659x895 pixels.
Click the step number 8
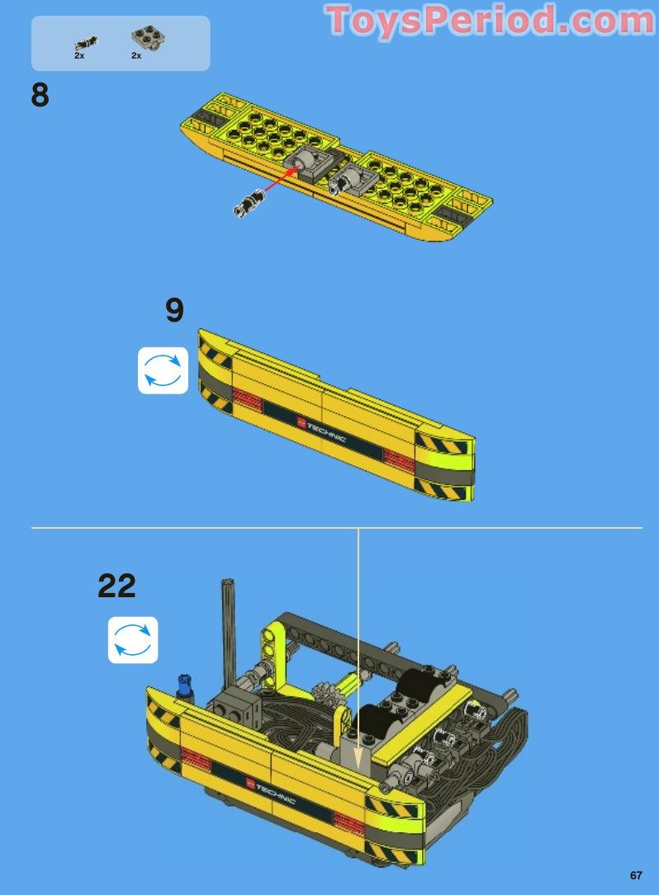coord(40,96)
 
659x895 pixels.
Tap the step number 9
coord(174,310)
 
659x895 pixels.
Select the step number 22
coord(116,586)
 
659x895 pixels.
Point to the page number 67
coord(635,875)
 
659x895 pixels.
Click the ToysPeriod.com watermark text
coord(491,21)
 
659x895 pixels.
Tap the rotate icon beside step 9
coord(163,370)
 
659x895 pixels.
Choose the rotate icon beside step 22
coord(133,639)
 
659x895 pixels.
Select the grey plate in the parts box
coord(147,37)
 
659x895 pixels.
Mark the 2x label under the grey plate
coord(136,56)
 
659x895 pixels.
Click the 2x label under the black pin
coord(79,56)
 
